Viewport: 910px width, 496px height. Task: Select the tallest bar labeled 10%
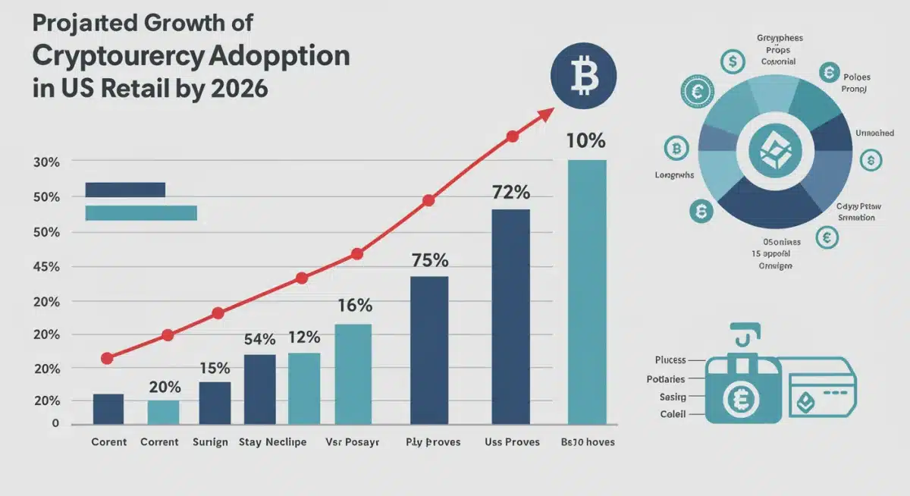point(587,291)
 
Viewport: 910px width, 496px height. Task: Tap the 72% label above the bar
point(510,193)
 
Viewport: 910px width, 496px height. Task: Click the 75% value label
point(429,260)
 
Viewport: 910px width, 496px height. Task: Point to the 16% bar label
point(353,306)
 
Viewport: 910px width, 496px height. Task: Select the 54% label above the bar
point(259,339)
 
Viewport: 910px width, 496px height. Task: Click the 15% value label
point(215,368)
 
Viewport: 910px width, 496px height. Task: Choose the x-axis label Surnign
point(211,441)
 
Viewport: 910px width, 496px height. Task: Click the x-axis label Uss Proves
point(512,441)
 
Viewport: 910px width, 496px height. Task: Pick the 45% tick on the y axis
point(46,267)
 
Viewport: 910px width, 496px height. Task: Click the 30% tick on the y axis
point(46,162)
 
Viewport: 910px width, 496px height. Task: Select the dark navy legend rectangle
point(125,190)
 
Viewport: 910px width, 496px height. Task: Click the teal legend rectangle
point(141,213)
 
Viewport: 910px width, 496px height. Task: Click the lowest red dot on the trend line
point(107,358)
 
